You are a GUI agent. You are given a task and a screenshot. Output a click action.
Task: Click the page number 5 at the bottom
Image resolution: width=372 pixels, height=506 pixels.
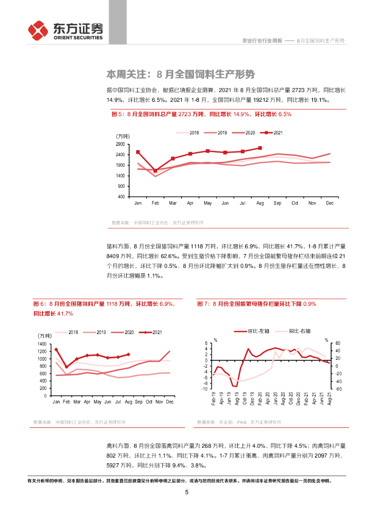click(186, 492)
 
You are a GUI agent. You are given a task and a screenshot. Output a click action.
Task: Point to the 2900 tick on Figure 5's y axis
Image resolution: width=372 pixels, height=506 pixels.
click(120, 144)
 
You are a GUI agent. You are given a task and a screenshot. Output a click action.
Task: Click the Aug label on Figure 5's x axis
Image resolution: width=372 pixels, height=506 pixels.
click(260, 203)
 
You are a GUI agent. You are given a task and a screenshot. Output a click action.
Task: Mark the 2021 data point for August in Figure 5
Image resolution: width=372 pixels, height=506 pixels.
click(260, 148)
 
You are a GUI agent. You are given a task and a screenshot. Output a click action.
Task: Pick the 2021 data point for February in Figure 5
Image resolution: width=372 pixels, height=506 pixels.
click(155, 170)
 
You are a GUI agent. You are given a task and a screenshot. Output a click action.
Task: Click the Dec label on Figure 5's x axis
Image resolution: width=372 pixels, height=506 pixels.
click(330, 203)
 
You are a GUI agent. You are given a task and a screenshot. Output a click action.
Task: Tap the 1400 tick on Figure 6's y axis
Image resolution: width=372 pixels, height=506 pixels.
click(42, 344)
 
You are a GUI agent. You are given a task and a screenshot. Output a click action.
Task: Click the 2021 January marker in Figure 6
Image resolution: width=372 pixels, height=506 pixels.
click(56, 349)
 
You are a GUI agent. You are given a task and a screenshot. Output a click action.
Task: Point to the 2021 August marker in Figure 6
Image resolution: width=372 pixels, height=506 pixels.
click(128, 354)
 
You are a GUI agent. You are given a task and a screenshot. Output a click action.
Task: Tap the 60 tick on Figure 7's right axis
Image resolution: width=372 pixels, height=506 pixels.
click(338, 343)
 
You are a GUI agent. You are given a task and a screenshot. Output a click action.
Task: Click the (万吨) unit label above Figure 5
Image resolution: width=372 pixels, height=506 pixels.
click(122, 136)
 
